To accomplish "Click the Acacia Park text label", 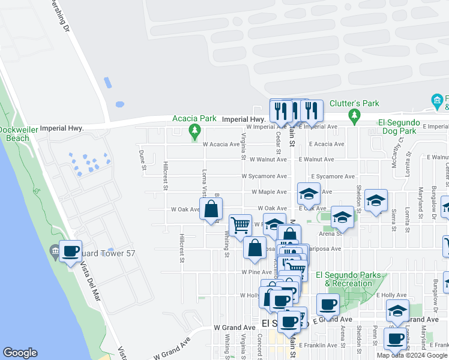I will tap(194, 118).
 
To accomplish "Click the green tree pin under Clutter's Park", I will tap(354, 114).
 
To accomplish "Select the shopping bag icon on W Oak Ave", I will tap(211, 210).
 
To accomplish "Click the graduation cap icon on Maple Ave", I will tap(309, 194).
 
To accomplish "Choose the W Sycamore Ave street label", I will tap(264, 176).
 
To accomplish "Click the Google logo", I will tap(20, 353).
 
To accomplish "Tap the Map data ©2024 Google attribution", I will tap(412, 355).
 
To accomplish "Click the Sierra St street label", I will tap(394, 220).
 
